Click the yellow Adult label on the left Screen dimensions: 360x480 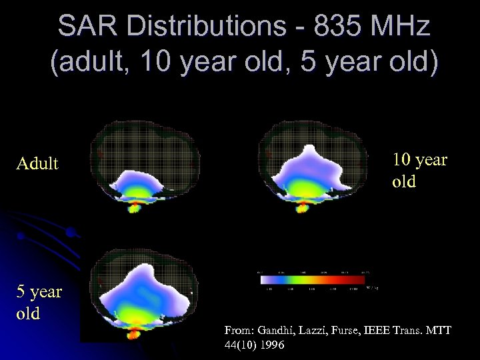[37, 163]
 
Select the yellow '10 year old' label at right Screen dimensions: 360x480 [419, 170]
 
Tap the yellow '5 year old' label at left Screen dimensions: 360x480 [39, 302]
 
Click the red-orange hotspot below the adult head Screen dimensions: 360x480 [135, 208]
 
